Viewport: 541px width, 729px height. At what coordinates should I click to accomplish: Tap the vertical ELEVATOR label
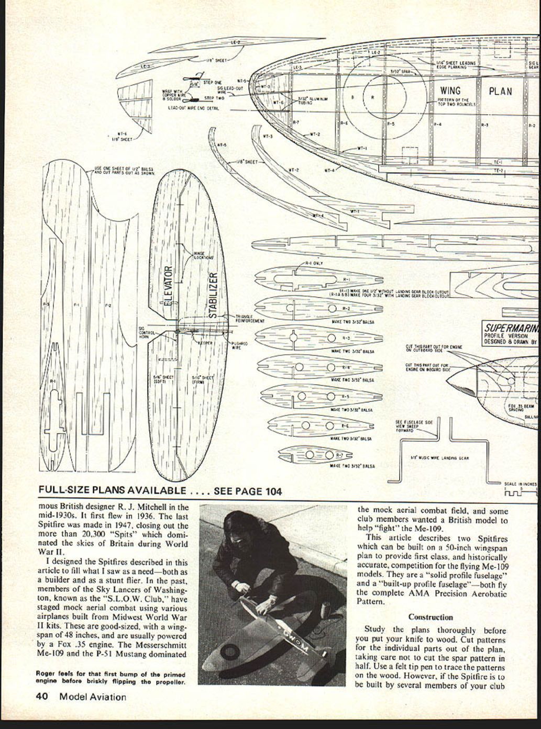tap(168, 287)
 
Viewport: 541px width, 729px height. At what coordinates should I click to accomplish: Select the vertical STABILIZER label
tap(213, 295)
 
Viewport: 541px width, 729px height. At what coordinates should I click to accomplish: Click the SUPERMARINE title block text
tap(511, 329)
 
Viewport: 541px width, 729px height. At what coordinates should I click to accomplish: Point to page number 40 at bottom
tap(42, 697)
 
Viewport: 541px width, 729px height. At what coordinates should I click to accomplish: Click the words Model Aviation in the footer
tap(93, 697)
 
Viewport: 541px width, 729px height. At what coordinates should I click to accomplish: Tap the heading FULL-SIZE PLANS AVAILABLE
tap(112, 490)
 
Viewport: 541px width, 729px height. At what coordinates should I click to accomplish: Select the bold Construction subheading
tap(430, 617)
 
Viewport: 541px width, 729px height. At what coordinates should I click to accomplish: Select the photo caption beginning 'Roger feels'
tap(111, 678)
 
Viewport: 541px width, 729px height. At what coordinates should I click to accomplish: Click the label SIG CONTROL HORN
tap(145, 333)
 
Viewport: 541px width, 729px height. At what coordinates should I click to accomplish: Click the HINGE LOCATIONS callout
tap(204, 255)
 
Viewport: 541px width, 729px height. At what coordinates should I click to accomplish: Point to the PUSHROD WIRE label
tap(239, 345)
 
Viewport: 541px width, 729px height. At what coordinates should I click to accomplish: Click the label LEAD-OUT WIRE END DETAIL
tap(193, 108)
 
